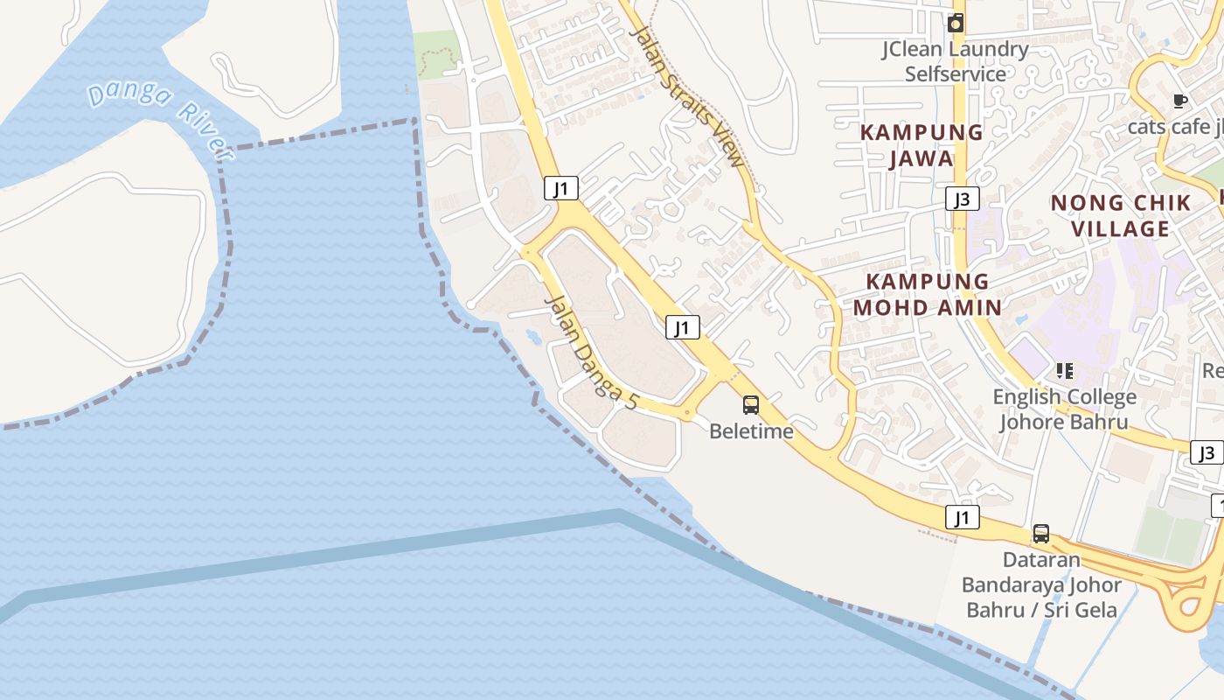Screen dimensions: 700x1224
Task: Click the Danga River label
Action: pos(161,117)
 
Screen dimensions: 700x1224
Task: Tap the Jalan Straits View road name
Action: pos(688,97)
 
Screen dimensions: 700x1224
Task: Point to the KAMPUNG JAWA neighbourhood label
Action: pos(922,145)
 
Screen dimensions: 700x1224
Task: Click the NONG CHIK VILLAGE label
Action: pos(1121,215)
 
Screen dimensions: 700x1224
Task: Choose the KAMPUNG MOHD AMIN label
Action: pos(928,294)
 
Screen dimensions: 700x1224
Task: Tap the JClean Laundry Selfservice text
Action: pos(955,61)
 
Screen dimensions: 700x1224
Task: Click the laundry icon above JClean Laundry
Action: pos(956,24)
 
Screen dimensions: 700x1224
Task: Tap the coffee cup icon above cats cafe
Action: pos(1179,101)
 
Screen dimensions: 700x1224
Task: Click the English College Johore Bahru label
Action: pos(1064,409)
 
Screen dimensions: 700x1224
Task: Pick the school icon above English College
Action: pos(1064,371)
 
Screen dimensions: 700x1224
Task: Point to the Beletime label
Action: pos(751,431)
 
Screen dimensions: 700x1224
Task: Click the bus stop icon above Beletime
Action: pos(751,404)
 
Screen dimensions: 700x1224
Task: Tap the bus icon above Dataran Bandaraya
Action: pos(1040,533)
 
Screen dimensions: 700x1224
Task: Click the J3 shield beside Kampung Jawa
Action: pos(962,199)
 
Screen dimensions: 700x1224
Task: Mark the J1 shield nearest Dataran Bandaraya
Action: pos(962,517)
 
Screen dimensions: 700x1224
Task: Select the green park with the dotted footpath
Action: pos(437,55)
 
